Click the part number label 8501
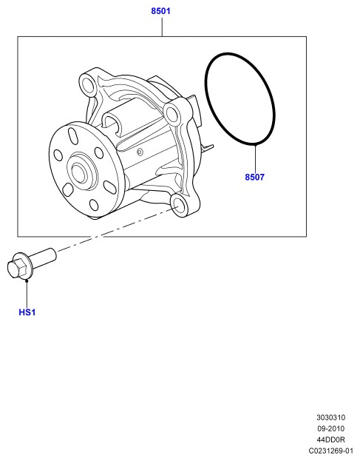160,11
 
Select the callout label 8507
254,177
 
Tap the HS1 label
27,312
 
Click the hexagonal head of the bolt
16,267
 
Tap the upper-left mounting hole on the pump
87,84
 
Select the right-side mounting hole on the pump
171,114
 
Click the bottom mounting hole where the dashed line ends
177,203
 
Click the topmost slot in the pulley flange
72,136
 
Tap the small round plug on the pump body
140,152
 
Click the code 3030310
330,417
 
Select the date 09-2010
330,428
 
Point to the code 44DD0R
330,440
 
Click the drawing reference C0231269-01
330,451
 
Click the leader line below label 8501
162,27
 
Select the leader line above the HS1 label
27,294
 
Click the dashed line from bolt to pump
118,229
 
